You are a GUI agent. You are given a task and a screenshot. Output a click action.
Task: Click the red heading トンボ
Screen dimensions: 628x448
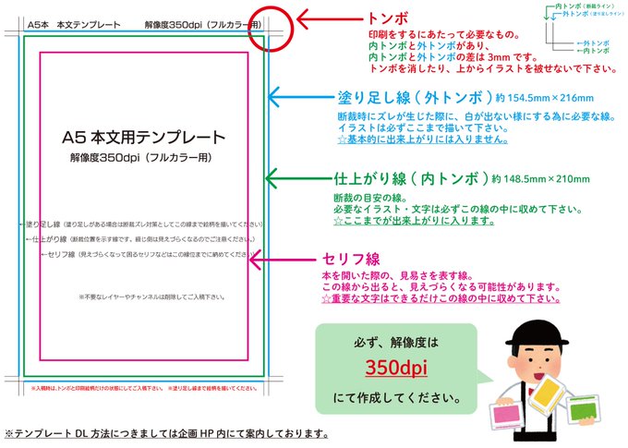click(389, 18)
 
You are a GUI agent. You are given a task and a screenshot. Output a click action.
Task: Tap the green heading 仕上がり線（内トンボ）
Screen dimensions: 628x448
click(411, 178)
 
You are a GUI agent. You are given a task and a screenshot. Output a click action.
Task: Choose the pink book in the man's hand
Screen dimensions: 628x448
click(505, 412)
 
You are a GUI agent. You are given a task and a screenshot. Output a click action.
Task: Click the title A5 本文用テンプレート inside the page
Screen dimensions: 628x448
click(143, 138)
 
